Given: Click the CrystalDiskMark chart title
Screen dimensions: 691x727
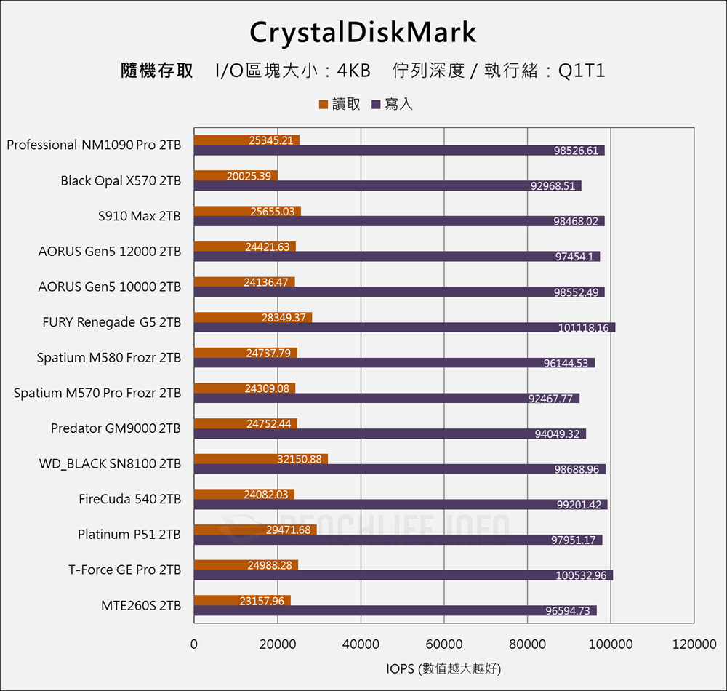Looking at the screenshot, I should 363,33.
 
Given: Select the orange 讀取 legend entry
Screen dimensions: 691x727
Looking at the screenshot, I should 340,104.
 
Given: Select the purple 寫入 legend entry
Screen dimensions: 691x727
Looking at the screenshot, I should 392,104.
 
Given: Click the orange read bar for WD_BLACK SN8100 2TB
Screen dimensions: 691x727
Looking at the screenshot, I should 260,459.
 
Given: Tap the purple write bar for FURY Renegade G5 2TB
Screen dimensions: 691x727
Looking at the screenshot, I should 403,327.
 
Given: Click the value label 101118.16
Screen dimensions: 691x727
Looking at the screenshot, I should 584,328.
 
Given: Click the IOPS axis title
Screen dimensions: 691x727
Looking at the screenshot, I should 443,668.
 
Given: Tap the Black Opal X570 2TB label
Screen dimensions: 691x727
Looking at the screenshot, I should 121,180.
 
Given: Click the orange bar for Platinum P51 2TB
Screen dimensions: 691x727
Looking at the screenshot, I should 254,530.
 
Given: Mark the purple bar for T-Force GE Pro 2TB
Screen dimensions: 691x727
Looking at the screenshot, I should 403,575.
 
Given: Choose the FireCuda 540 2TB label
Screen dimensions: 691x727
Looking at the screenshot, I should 129,499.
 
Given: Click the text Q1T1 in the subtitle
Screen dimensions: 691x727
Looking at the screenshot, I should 582,71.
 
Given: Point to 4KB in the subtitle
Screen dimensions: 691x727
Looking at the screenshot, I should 354,71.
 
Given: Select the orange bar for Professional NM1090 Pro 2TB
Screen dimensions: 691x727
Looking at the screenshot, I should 246,140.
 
